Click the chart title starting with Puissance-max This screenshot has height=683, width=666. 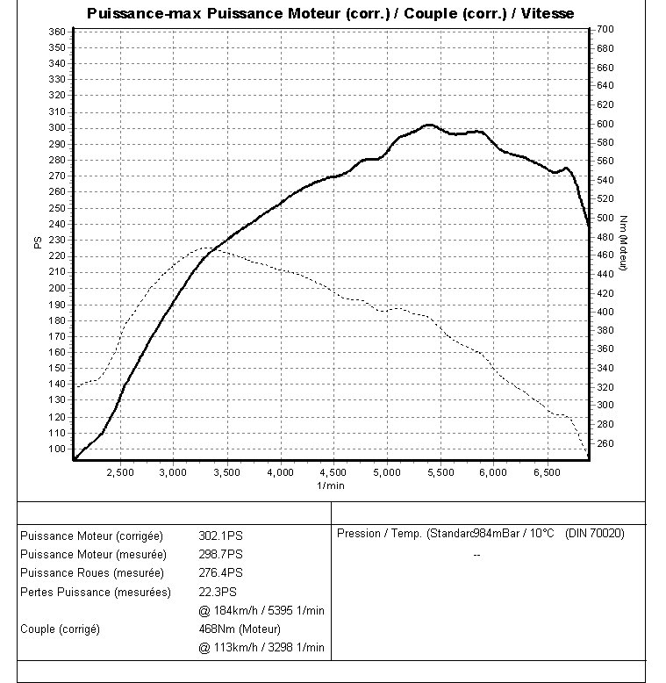tap(332, 13)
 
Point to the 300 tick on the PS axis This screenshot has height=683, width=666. tap(58, 127)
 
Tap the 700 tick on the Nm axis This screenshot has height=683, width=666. tap(605, 30)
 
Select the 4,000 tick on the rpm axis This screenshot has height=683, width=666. tap(280, 472)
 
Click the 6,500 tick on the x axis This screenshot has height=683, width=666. tap(547, 472)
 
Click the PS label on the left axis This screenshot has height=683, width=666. tap(38, 242)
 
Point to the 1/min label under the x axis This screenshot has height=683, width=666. tap(331, 485)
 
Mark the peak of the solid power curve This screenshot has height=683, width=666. tap(428, 125)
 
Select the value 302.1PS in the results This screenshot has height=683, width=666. tap(220, 535)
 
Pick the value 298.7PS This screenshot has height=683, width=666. tap(220, 554)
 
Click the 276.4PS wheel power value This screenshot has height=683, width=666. tap(220, 572)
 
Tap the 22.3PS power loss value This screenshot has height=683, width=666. tap(218, 592)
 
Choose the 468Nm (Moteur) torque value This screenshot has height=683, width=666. tap(240, 629)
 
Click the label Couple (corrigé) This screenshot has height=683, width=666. tap(60, 629)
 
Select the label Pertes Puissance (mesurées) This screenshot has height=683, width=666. tap(96, 592)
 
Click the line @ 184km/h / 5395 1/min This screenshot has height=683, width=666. tap(261, 610)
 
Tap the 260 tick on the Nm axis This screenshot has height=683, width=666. tap(605, 443)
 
